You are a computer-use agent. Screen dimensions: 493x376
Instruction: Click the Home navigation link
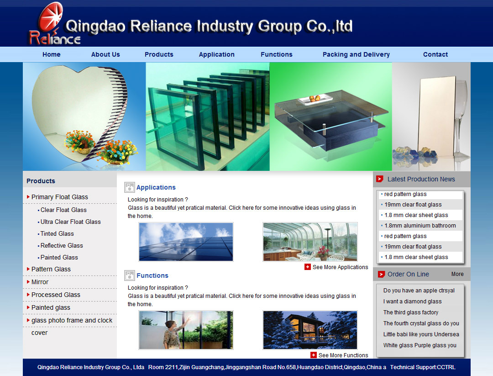coord(52,54)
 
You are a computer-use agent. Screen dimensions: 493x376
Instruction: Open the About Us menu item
coord(105,54)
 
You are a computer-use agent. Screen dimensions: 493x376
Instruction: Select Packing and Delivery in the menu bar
coord(356,54)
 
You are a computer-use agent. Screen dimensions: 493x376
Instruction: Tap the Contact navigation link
coord(435,54)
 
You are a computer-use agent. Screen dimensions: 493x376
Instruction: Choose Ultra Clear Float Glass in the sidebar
coord(70,222)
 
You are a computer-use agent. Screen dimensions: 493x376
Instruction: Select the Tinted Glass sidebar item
coord(57,234)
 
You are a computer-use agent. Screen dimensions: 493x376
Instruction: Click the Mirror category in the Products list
coord(40,282)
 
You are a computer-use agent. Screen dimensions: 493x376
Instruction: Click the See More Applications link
coord(336,267)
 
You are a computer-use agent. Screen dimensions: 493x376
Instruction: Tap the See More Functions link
coord(339,355)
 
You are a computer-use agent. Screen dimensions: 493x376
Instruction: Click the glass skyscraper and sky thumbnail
coord(186,242)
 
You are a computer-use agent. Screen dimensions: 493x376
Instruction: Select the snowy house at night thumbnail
coord(310,330)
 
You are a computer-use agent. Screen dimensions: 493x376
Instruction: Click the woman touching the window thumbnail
coord(186,330)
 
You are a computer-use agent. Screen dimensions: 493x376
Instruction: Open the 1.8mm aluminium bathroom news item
coord(420,226)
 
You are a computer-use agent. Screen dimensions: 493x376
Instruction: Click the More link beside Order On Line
coord(457,274)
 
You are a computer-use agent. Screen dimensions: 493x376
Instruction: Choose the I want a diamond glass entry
coord(413,302)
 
